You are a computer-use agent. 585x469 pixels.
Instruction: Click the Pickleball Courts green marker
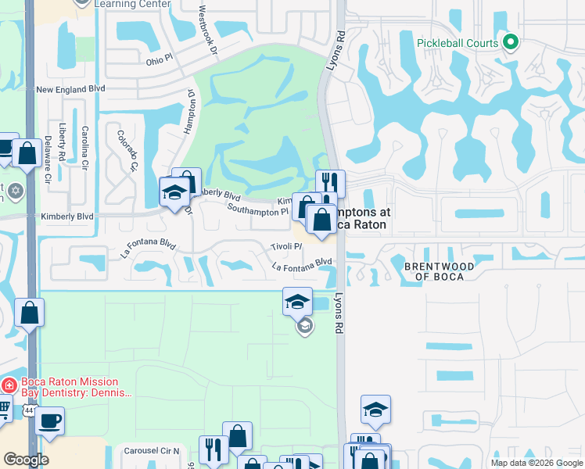click(x=511, y=41)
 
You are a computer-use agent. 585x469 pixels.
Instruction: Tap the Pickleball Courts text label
click(x=458, y=42)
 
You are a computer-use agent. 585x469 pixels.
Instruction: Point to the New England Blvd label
click(x=70, y=90)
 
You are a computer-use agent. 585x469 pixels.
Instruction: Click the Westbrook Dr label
click(x=207, y=26)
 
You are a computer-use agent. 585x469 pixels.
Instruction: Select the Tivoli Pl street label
click(x=286, y=246)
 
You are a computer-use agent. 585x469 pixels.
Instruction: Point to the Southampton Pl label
click(x=257, y=209)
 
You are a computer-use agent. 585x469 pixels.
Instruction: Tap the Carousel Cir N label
click(x=152, y=451)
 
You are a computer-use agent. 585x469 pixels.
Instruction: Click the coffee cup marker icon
click(x=50, y=421)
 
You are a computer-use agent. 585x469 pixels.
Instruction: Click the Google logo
click(x=26, y=460)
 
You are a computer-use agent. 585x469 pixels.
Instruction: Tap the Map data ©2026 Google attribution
click(x=537, y=463)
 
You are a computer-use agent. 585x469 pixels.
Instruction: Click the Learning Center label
click(x=131, y=4)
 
